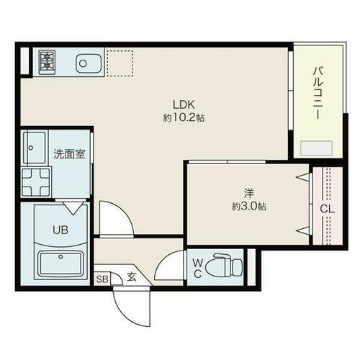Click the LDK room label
click(181, 102)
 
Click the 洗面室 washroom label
click(66, 154)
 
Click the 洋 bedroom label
click(248, 192)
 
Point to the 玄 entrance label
click(132, 275)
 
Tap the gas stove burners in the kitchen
click(48, 62)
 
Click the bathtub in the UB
click(61, 265)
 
